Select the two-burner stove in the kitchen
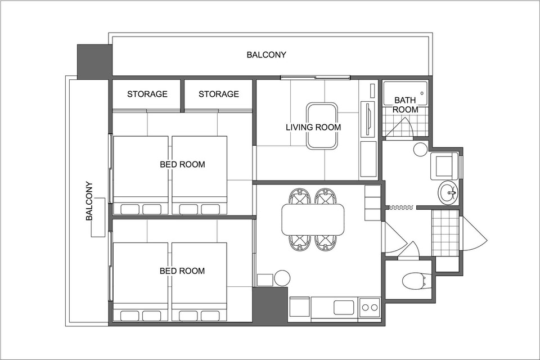pos(370,307)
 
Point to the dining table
pos(313,219)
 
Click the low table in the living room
pos(321,126)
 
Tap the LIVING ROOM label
pos(313,127)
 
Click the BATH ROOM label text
pos(406,105)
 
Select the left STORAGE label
pos(147,94)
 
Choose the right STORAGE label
pos(219,94)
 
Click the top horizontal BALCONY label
pos(266,55)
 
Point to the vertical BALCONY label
pos(89,201)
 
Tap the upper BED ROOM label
pos(182,164)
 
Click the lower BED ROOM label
pos(182,271)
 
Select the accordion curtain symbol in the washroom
pos(401,208)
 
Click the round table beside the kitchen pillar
pos(282,278)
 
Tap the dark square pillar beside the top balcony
pos(94,62)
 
